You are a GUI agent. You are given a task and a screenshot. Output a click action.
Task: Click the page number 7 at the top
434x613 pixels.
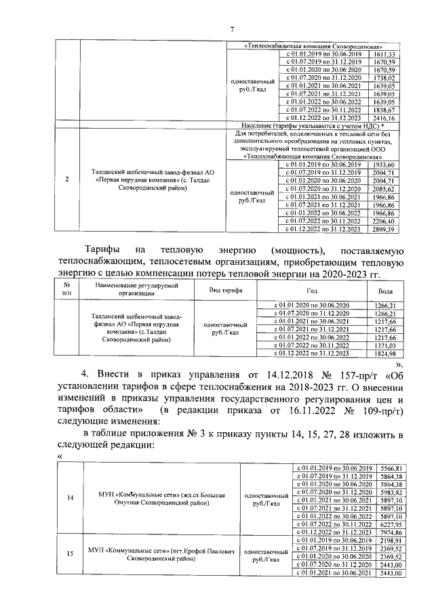[x=232, y=28]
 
